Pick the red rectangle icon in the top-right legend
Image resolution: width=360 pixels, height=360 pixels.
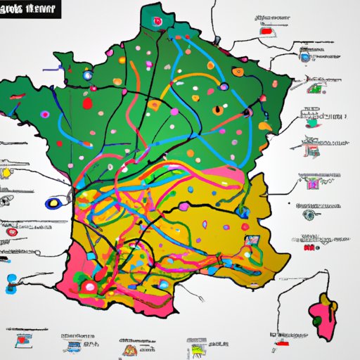pos(267,32)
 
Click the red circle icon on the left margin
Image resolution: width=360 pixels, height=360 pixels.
pos(11,231)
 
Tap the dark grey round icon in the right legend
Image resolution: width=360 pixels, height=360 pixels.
pos(307,215)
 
